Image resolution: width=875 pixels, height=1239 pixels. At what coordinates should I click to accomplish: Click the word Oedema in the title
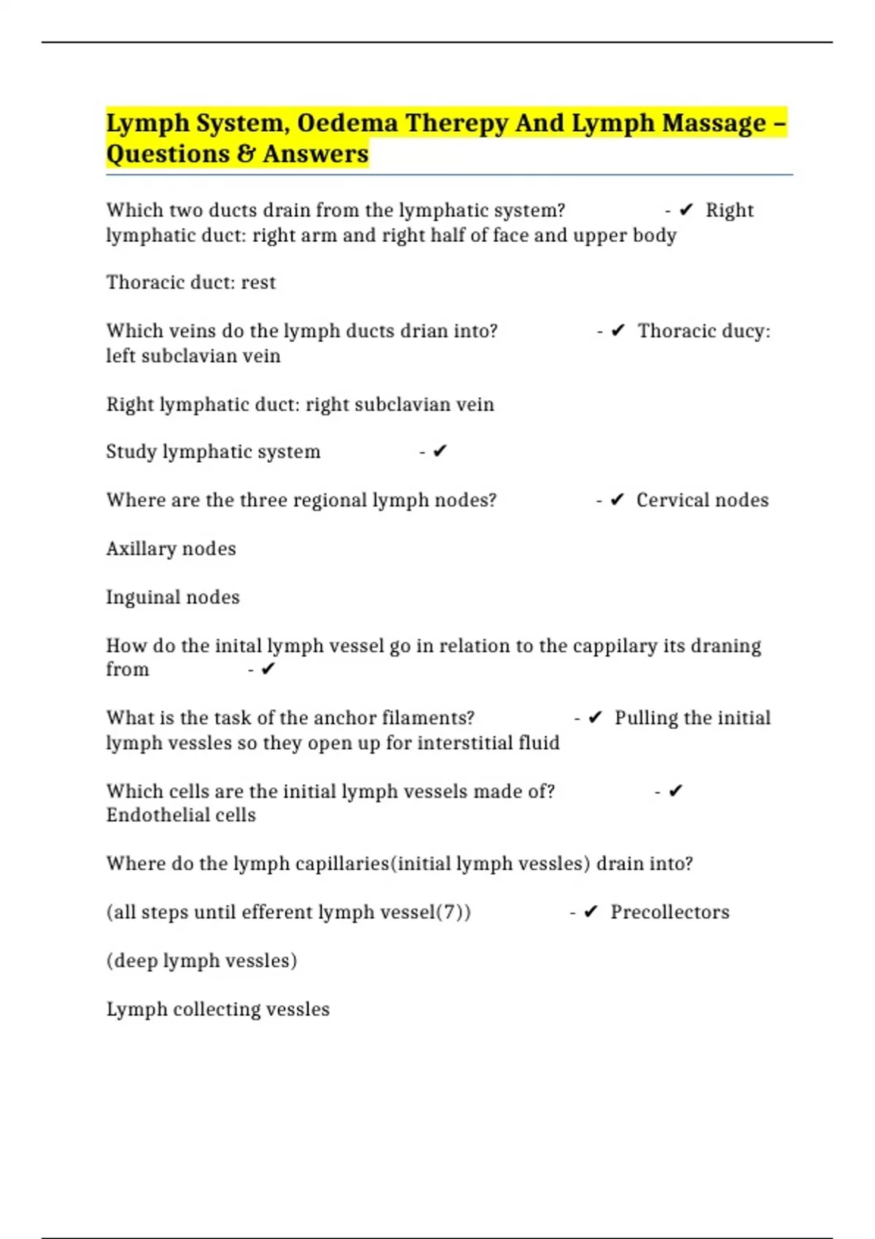[347, 123]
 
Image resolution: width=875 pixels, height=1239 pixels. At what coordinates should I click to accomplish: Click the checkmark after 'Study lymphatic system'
[440, 452]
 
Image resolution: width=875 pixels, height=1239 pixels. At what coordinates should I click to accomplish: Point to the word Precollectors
[669, 912]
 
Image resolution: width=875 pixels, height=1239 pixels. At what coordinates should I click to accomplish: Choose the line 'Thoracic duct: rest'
[191, 282]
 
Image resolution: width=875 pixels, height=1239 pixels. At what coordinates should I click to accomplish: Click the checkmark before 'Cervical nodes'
[617, 500]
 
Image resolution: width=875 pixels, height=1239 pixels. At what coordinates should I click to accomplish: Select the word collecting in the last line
[209, 1009]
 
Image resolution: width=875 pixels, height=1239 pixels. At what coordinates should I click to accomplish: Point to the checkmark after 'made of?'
[675, 791]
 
